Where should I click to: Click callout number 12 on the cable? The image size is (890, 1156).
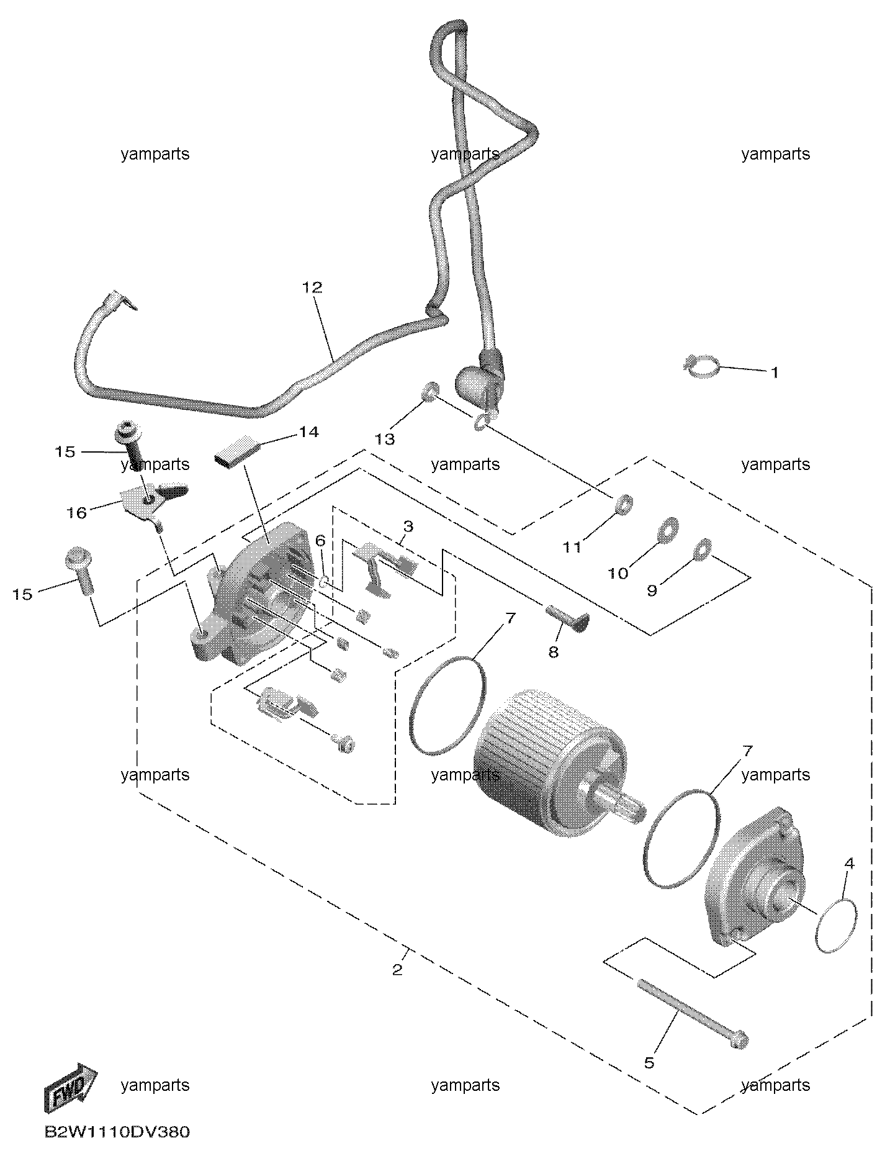pos(313,287)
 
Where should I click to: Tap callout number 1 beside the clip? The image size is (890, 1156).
pos(774,373)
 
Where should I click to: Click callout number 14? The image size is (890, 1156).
pos(308,431)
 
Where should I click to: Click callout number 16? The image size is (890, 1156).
pos(77,513)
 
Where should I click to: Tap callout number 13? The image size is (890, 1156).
pos(385,439)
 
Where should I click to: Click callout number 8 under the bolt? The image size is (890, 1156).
pos(553,652)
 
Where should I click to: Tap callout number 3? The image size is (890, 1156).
pos(408,526)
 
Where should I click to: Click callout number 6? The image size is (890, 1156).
pos(320,541)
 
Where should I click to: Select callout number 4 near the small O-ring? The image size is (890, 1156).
pos(849,864)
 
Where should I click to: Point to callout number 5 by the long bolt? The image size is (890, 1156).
pos(649,1062)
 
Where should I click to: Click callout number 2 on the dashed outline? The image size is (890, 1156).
pos(397,969)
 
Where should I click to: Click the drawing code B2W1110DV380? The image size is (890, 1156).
pos(117,1132)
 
